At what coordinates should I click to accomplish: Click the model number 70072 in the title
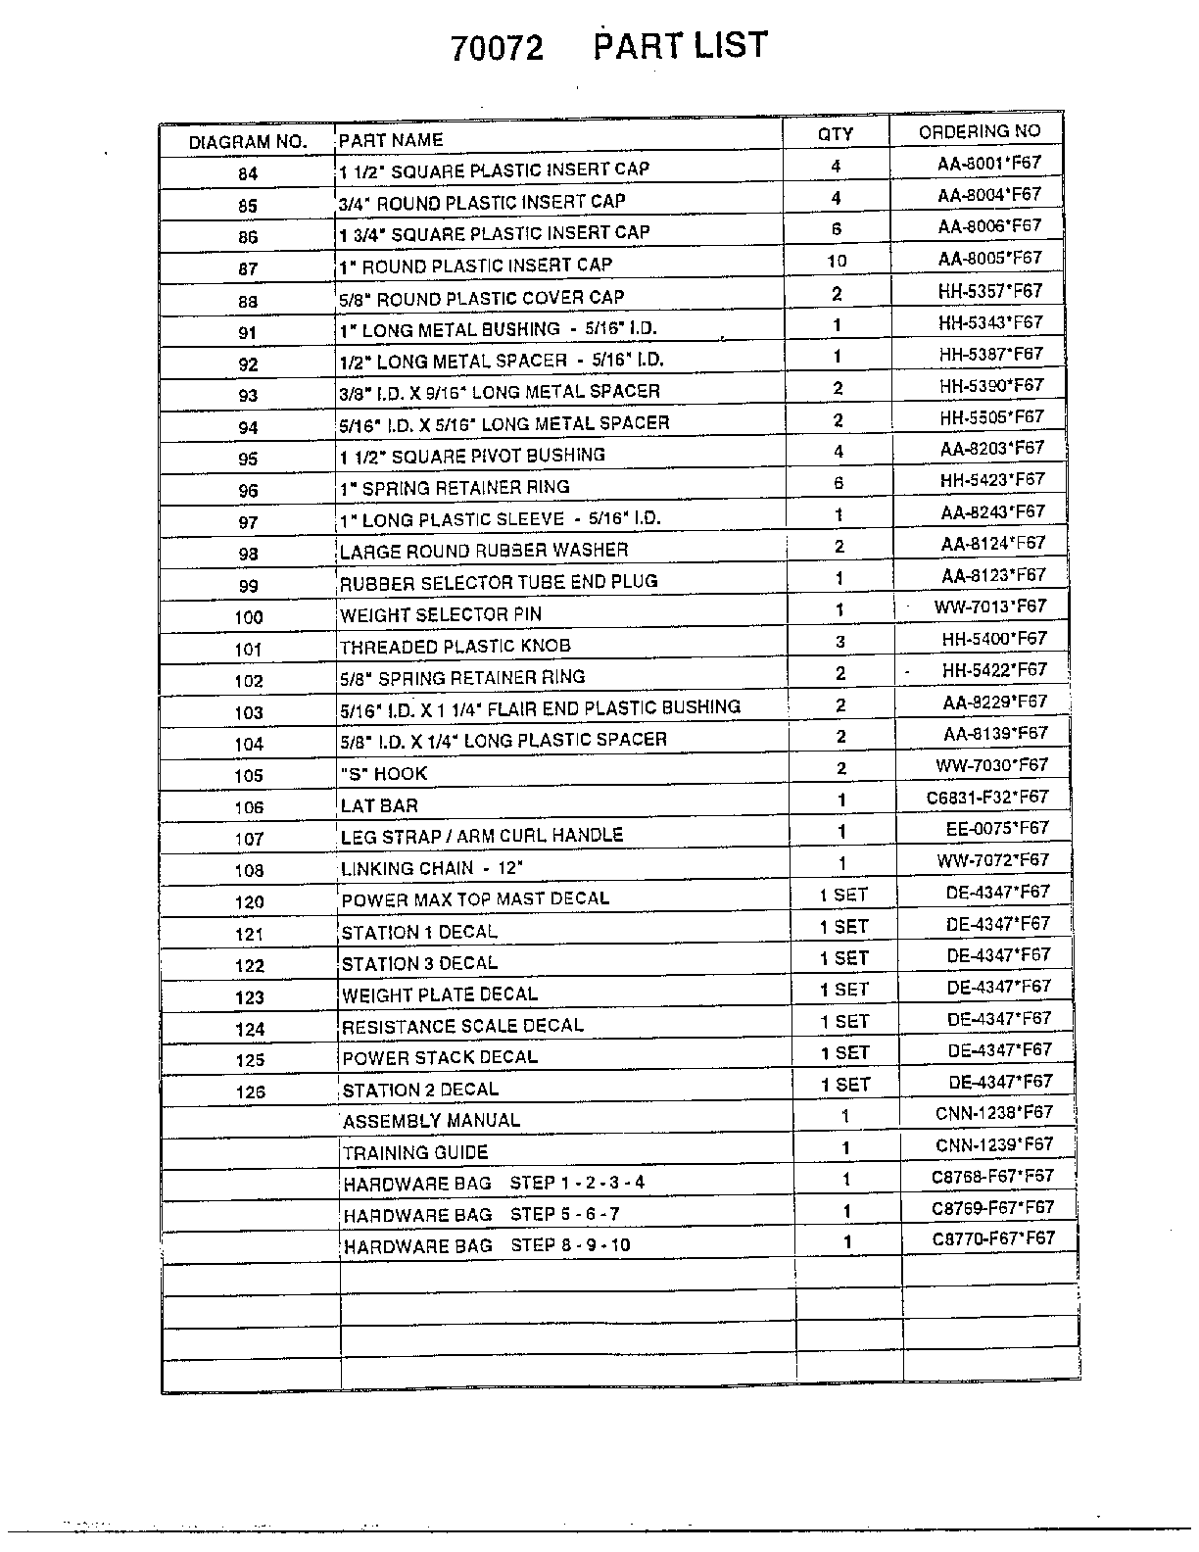click(497, 49)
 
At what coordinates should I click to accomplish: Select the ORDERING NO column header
click(979, 131)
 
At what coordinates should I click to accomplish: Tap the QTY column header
click(836, 134)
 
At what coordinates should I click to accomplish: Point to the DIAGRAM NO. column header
click(248, 142)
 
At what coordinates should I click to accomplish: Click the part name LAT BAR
click(379, 806)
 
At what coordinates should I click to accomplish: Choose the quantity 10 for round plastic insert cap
click(837, 261)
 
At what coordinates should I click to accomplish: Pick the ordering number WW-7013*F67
click(989, 606)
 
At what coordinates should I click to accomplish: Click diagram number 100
click(249, 617)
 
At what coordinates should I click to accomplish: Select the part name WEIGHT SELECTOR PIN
click(440, 615)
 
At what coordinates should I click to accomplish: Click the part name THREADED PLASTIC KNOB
click(455, 647)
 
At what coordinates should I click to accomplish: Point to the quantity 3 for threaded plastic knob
click(840, 642)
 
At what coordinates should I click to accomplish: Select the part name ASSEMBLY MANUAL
click(431, 1121)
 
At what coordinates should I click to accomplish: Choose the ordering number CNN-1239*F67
click(993, 1144)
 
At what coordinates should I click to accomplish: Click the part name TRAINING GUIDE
click(415, 1153)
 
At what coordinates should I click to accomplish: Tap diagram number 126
click(250, 1091)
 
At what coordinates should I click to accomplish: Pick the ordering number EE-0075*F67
click(996, 828)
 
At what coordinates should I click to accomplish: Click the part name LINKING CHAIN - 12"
click(431, 869)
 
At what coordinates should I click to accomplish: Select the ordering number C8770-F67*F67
click(992, 1238)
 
